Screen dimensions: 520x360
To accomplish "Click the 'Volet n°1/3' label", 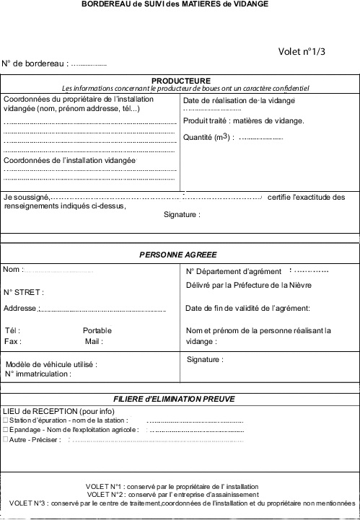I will pos(302,51).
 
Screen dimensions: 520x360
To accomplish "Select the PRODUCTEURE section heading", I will pos(180,80).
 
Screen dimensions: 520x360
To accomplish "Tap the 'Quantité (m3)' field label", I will pos(209,137).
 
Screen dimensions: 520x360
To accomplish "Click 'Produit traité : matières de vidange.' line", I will pos(244,120).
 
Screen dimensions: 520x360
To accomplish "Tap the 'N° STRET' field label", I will pos(24,292).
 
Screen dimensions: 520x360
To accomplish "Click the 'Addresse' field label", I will pos(19,309).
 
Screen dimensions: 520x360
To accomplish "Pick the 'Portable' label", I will pos(97,330).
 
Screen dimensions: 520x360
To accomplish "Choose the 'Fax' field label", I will pos(12,341).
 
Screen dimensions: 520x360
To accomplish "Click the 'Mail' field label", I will pos(93,341).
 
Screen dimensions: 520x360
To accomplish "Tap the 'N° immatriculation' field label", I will pos(38,374).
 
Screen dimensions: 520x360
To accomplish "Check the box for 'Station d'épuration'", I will pos(6,420).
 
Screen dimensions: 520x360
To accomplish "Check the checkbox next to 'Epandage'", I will pos(6,429).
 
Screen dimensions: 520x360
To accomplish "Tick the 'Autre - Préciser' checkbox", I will pos(6,439).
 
